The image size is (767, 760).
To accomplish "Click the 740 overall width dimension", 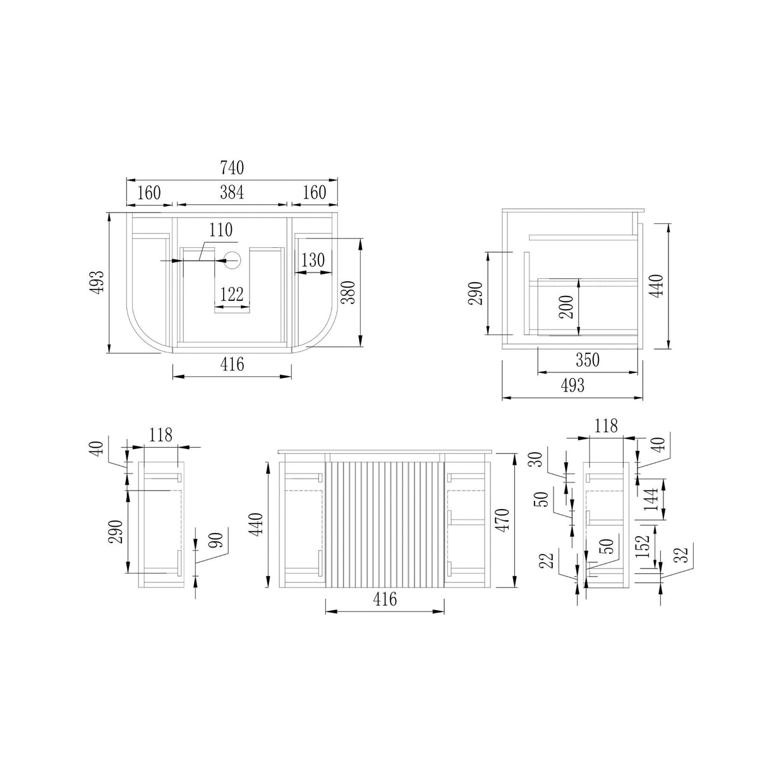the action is [232, 168].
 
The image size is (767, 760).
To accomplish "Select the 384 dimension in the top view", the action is [232, 192].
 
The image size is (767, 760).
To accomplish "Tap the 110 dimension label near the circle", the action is [220, 230].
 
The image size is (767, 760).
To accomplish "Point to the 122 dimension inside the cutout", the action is [232, 295].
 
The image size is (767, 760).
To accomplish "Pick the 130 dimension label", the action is [313, 260].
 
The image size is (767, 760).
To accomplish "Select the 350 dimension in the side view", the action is [588, 360].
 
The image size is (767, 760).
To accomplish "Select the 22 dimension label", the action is [548, 560].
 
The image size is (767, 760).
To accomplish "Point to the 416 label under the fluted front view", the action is [385, 599].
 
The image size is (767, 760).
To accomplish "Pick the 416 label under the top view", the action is [232, 364].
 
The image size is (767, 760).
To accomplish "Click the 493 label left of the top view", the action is [97, 283].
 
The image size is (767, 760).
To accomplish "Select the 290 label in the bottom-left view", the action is [116, 532].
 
